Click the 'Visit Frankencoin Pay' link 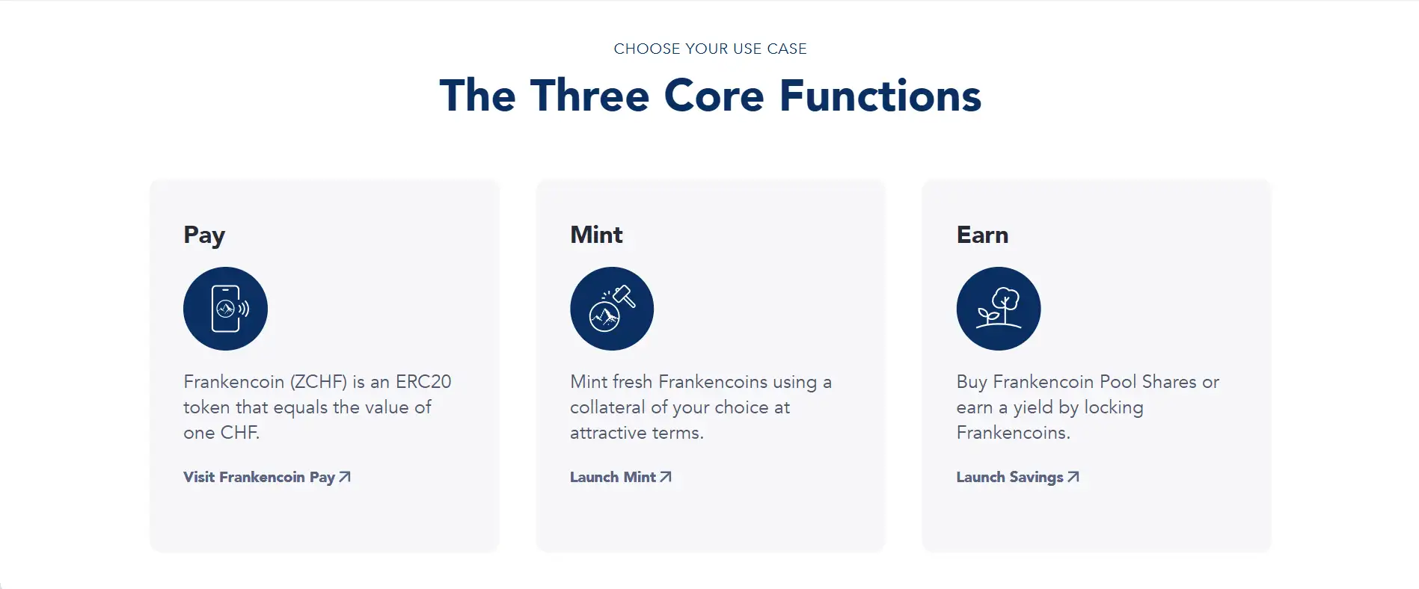[267, 477]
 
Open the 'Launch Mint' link [621, 477]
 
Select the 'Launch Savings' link [1017, 477]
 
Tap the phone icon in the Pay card [225, 309]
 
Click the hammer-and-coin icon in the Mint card [612, 309]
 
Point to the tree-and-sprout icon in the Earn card [999, 309]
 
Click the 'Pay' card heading [204, 236]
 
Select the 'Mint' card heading [596, 235]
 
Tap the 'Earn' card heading [982, 235]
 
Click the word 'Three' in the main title [589, 96]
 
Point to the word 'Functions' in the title [880, 96]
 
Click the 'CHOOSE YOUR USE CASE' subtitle [710, 49]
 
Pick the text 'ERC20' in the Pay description [423, 382]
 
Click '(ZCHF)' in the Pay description [318, 382]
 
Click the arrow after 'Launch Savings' [1073, 477]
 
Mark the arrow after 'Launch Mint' [666, 477]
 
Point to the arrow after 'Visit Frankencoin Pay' [345, 477]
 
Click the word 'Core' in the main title [714, 96]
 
